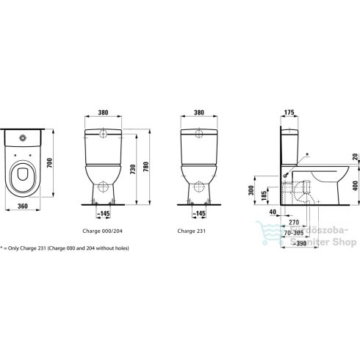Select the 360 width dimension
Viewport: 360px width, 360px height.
(22, 206)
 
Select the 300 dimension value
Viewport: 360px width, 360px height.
(251, 190)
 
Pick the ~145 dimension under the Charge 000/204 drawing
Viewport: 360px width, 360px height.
(106, 214)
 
